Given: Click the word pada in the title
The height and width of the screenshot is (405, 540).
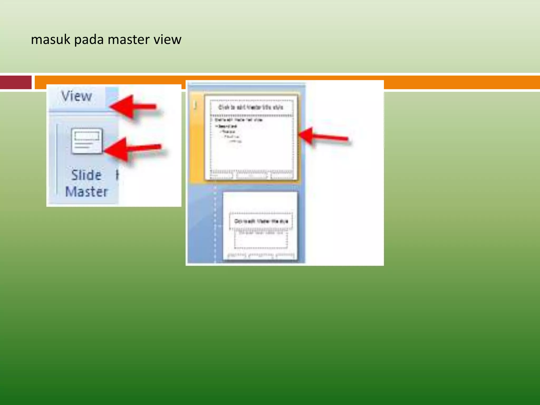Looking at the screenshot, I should [89, 40].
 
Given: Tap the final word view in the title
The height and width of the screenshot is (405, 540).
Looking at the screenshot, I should [167, 40].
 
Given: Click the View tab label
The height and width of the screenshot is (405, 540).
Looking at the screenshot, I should [76, 96].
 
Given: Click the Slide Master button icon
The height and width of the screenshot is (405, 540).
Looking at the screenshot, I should [86, 141].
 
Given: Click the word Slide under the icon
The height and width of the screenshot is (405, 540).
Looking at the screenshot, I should [86, 175].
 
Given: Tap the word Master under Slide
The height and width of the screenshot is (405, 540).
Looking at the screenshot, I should [86, 192].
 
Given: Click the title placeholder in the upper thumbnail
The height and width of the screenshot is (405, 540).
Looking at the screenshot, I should [251, 107].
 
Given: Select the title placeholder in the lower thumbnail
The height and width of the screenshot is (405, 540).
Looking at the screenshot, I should [261, 221].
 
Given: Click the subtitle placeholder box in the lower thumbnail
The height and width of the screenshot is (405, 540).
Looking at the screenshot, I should [261, 240].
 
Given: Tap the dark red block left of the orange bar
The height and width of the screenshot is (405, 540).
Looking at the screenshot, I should [16, 82].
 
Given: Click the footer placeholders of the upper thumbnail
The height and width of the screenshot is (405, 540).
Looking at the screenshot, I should [251, 175].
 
